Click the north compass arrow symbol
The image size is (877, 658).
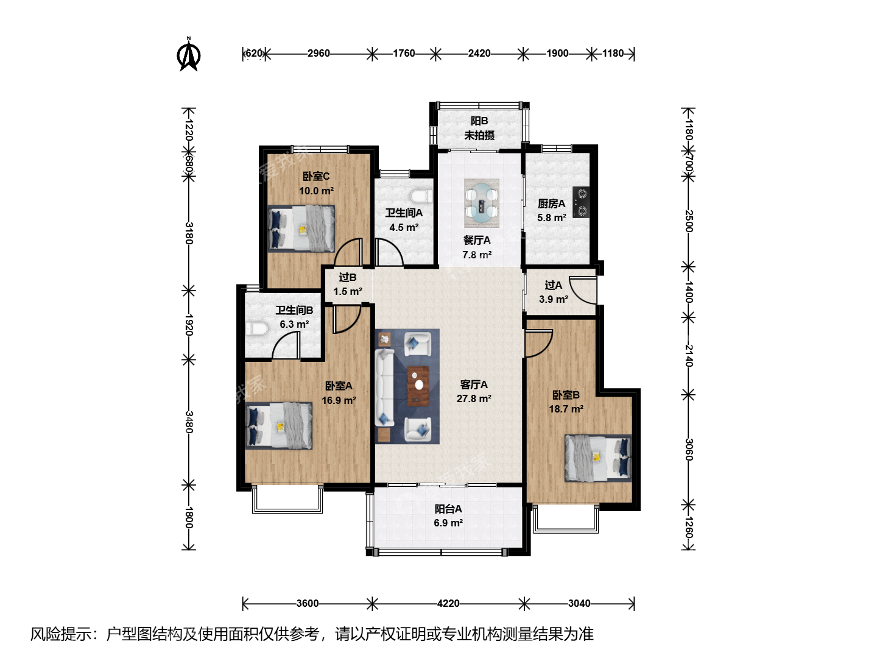[189, 54]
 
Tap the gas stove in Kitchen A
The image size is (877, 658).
[581, 202]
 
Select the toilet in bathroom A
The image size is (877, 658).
[421, 196]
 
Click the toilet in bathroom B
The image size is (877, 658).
[256, 329]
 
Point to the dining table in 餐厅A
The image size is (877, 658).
[482, 203]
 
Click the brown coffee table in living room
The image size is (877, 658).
[418, 386]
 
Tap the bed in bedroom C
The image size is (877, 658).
[301, 228]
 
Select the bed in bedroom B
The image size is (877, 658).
[598, 458]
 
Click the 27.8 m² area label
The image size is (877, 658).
[474, 398]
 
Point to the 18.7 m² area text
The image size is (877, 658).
[566, 409]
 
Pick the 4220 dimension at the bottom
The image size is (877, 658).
[448, 603]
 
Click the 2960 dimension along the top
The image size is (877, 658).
[319, 53]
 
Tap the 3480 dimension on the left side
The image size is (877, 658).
[189, 422]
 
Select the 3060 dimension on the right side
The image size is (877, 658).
[688, 450]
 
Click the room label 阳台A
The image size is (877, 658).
[448, 509]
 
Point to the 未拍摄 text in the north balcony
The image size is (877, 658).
[479, 135]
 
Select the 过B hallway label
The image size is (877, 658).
[348, 277]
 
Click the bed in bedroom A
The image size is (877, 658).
[278, 426]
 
